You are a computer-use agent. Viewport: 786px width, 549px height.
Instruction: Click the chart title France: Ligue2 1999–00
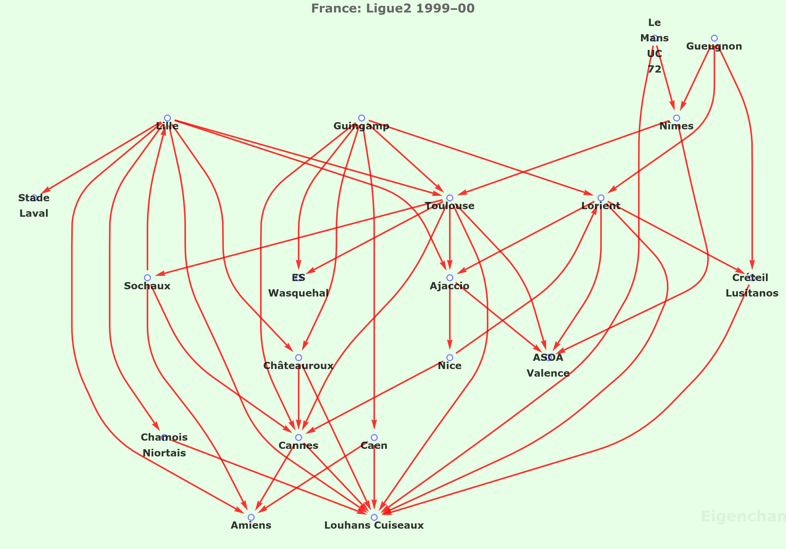(393, 8)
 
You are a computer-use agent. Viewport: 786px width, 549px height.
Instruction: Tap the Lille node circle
(167, 118)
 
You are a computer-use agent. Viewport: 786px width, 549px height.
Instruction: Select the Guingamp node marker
(362, 118)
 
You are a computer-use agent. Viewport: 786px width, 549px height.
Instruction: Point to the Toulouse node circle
(450, 198)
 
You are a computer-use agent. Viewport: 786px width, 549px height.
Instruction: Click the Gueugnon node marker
(714, 38)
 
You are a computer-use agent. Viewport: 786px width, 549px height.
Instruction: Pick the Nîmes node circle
(676, 118)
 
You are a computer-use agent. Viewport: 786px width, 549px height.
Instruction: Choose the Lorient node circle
(601, 198)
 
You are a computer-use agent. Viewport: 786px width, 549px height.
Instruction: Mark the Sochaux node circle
(147, 277)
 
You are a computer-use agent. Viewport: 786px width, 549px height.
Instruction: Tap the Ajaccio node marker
(450, 277)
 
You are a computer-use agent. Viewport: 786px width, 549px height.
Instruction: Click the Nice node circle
(450, 358)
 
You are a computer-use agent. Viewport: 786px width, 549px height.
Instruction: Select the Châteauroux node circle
(299, 358)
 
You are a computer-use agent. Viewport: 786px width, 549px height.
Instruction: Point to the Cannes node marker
(299, 437)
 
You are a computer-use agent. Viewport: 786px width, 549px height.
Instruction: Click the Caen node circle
(374, 437)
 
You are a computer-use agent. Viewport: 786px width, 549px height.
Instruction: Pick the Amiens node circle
(251, 517)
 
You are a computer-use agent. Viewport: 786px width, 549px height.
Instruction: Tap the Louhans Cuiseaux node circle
(374, 517)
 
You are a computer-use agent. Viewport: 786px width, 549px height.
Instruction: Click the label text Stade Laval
(34, 206)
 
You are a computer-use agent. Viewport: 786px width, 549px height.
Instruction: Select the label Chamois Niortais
(164, 445)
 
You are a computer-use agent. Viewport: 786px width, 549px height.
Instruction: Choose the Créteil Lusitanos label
(752, 285)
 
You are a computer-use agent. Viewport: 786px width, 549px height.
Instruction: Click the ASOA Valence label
(548, 365)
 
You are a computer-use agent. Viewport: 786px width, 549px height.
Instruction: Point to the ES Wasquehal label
(299, 285)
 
